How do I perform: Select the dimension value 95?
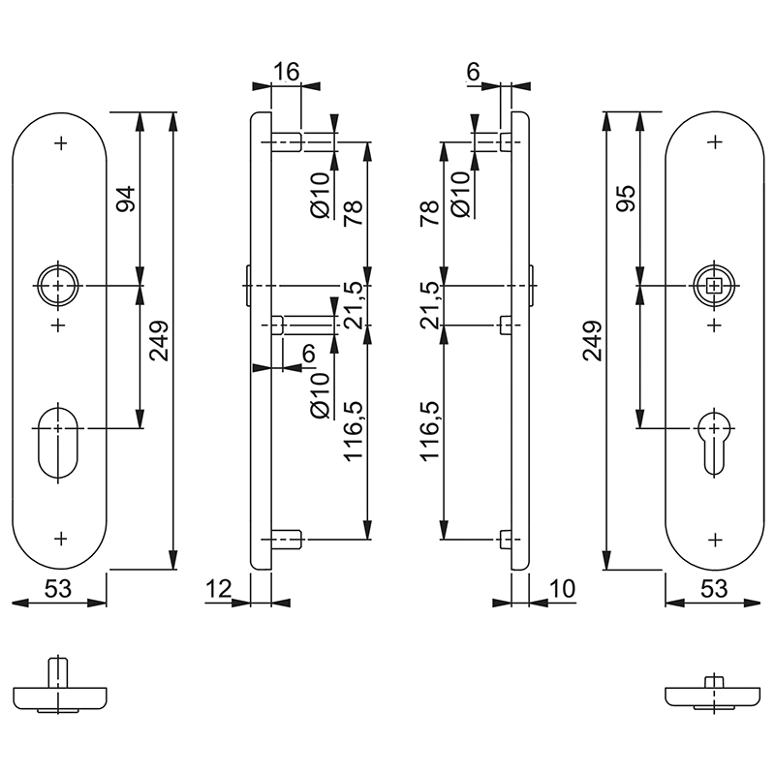click(x=626, y=200)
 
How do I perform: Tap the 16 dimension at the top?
click(x=286, y=72)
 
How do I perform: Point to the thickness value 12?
click(x=220, y=588)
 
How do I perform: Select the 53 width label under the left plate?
click(x=59, y=588)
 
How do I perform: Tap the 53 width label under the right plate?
click(x=714, y=588)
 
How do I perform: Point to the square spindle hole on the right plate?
click(x=715, y=285)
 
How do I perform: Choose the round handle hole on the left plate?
click(x=59, y=285)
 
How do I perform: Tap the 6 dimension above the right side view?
click(x=473, y=72)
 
